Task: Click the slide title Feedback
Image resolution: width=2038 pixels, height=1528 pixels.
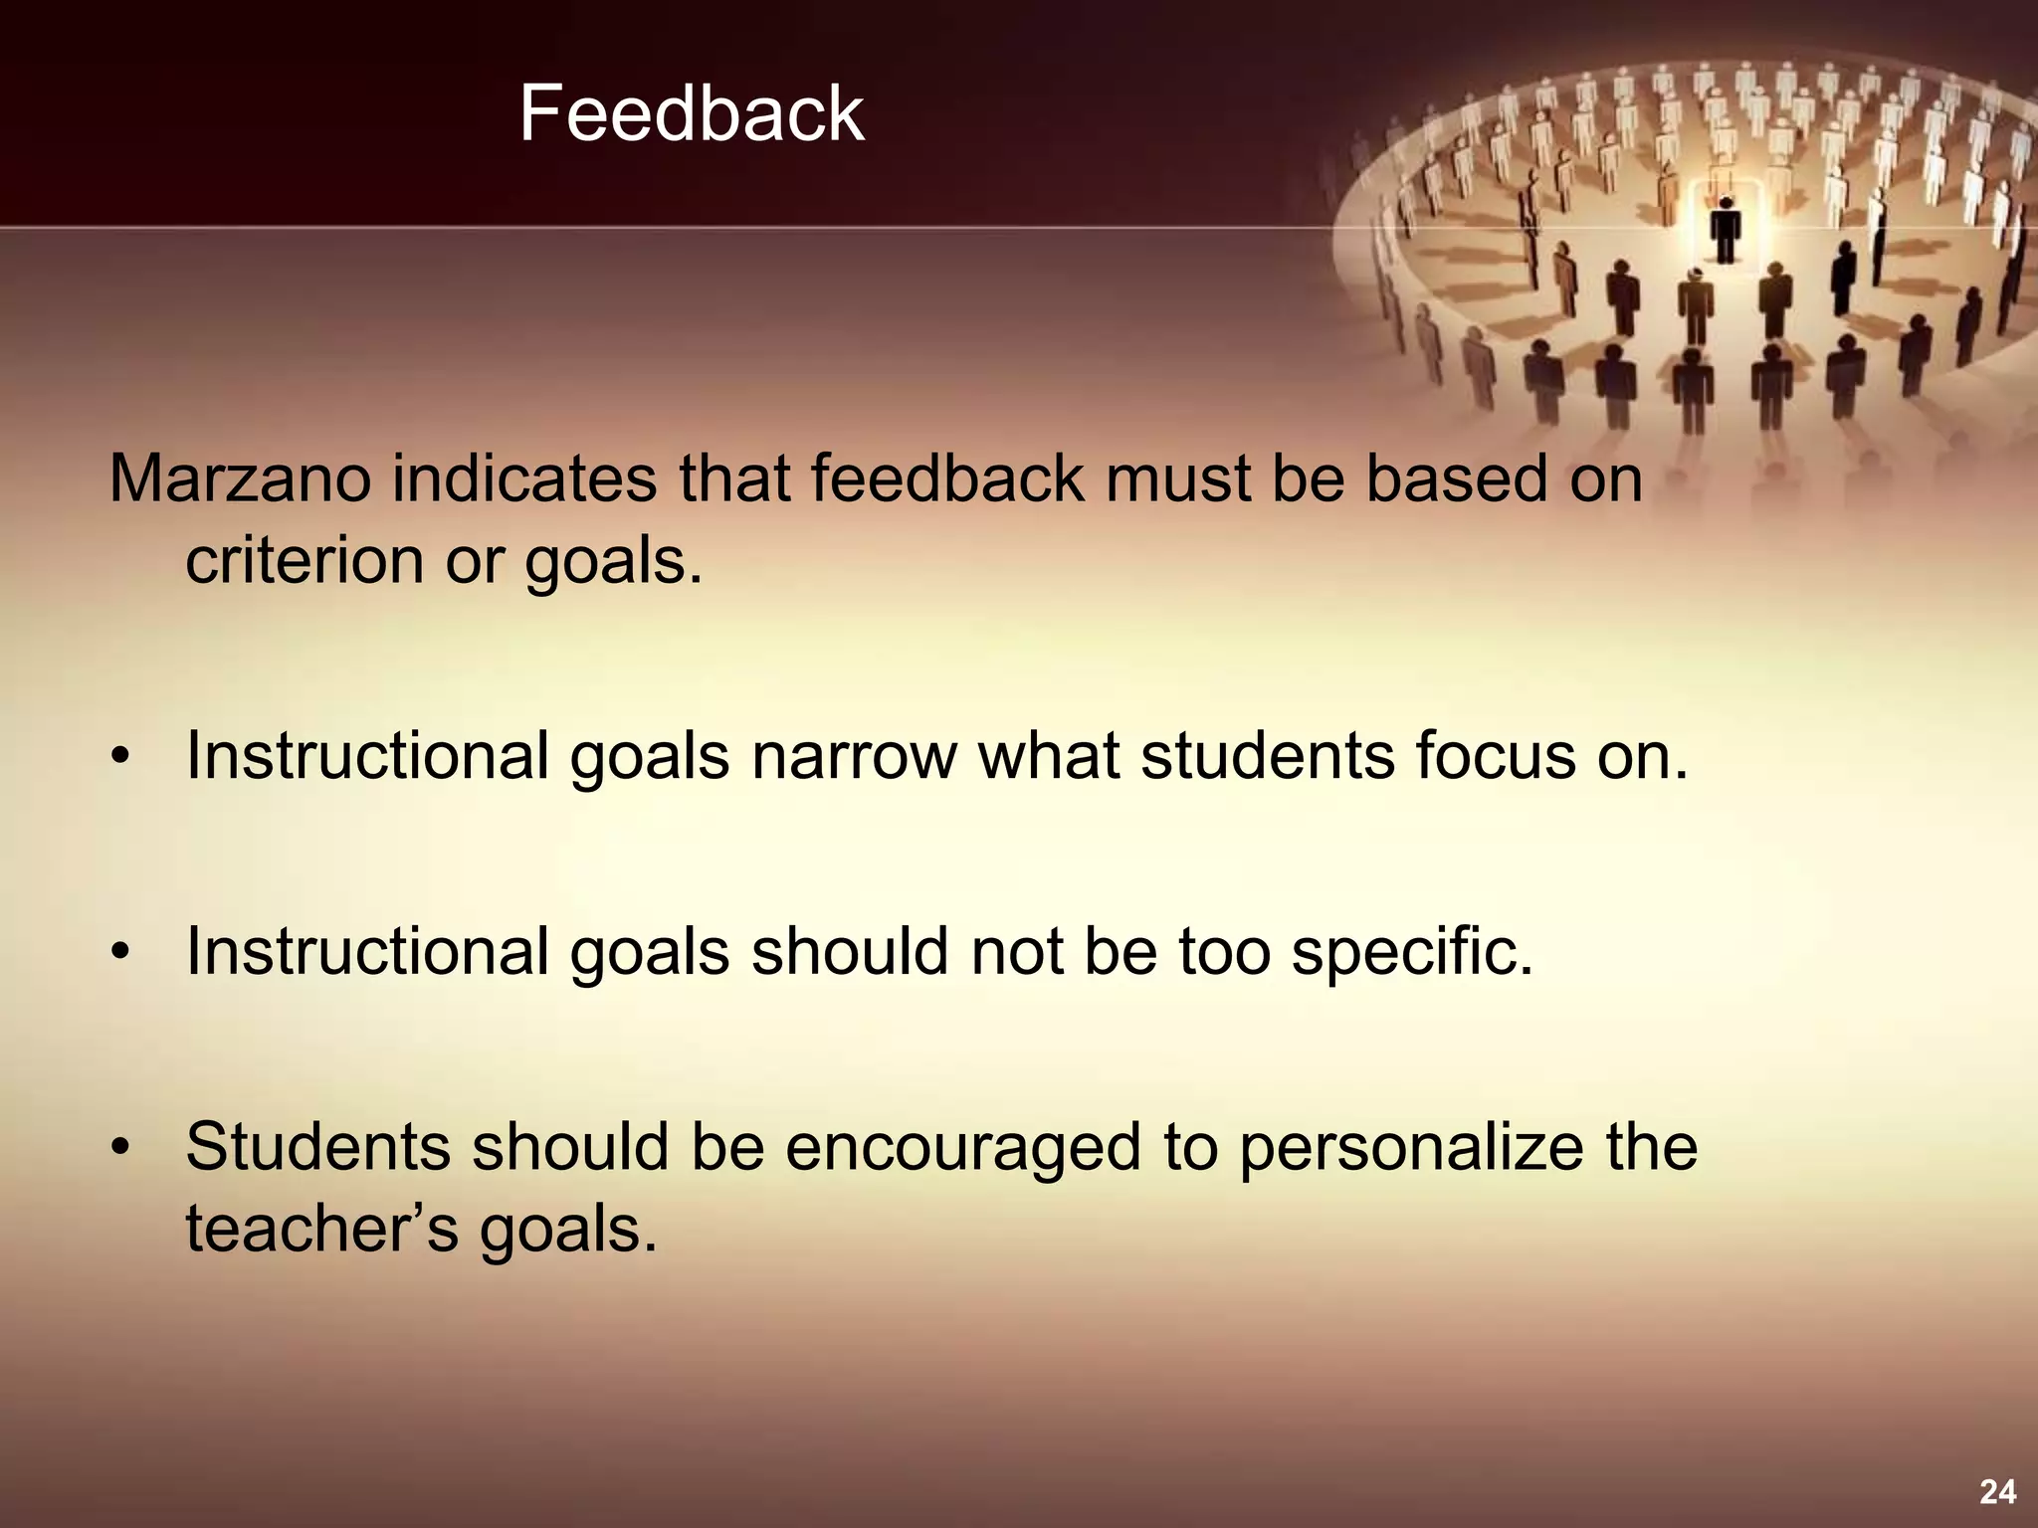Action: (x=691, y=114)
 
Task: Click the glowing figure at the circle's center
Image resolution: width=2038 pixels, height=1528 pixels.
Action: (x=1726, y=229)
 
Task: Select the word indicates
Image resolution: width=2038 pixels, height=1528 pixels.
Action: (x=523, y=479)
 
